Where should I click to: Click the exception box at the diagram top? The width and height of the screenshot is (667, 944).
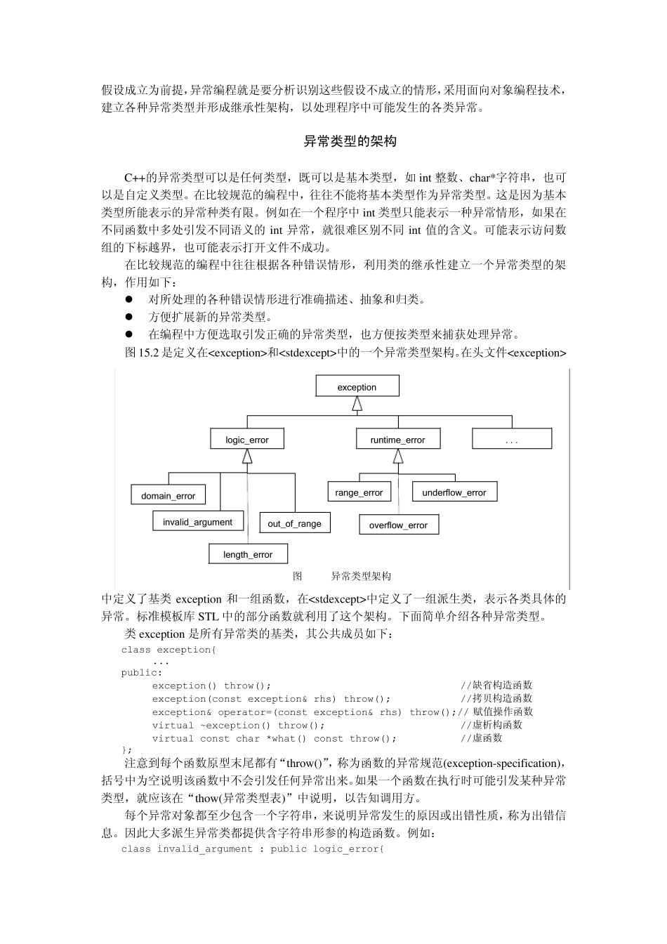click(x=357, y=386)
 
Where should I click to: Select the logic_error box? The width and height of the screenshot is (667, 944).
click(x=246, y=440)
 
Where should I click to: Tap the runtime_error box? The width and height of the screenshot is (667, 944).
click(x=397, y=440)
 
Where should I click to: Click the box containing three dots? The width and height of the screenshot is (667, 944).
click(x=511, y=440)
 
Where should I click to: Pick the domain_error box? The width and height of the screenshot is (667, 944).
click(x=168, y=495)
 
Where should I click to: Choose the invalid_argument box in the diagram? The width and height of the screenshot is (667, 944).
click(x=197, y=522)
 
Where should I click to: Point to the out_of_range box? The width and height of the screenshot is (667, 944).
click(x=294, y=523)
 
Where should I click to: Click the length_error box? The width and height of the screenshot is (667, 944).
click(x=247, y=554)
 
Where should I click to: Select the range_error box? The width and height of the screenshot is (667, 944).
click(x=358, y=492)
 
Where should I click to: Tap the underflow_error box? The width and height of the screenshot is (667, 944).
click(x=454, y=492)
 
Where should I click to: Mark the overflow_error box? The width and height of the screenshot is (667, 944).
click(x=398, y=525)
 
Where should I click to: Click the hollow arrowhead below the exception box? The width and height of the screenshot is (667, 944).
click(x=357, y=404)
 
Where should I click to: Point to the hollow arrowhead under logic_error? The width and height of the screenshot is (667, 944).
click(x=247, y=457)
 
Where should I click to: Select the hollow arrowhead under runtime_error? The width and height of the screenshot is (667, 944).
click(x=398, y=457)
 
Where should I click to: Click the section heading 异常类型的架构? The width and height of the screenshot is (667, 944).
click(x=350, y=142)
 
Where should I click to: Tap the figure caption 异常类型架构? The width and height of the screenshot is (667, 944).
click(x=361, y=576)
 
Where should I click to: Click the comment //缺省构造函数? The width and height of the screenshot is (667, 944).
click(x=496, y=686)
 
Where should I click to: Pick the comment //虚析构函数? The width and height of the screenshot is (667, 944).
click(x=491, y=725)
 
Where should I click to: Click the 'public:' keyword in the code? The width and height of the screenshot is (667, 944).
click(x=141, y=672)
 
